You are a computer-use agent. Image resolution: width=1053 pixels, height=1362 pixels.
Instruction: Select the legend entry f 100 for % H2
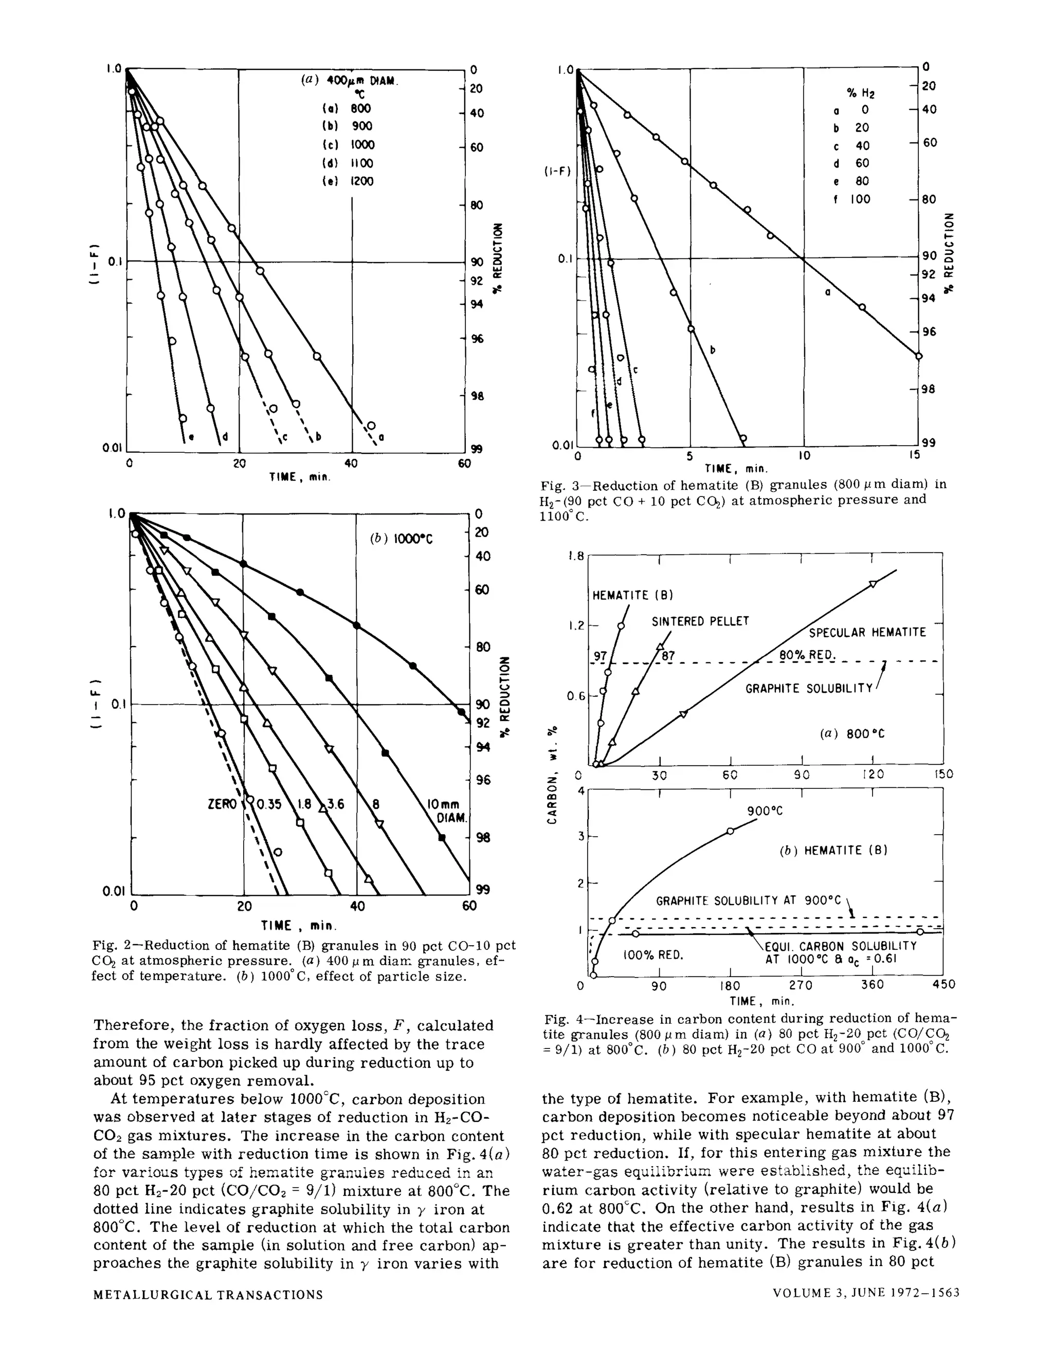[852, 199]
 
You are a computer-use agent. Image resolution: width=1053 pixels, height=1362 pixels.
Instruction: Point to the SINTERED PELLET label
[700, 622]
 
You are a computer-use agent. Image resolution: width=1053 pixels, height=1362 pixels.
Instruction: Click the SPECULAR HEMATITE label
[867, 632]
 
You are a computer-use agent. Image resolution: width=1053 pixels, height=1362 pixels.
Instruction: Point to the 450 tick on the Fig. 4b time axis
[943, 985]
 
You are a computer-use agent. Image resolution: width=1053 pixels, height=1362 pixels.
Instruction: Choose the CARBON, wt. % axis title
[552, 775]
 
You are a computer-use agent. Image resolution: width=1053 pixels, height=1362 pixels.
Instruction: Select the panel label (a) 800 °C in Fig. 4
[851, 734]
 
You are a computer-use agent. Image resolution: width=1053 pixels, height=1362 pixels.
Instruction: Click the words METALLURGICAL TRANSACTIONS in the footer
[208, 1295]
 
